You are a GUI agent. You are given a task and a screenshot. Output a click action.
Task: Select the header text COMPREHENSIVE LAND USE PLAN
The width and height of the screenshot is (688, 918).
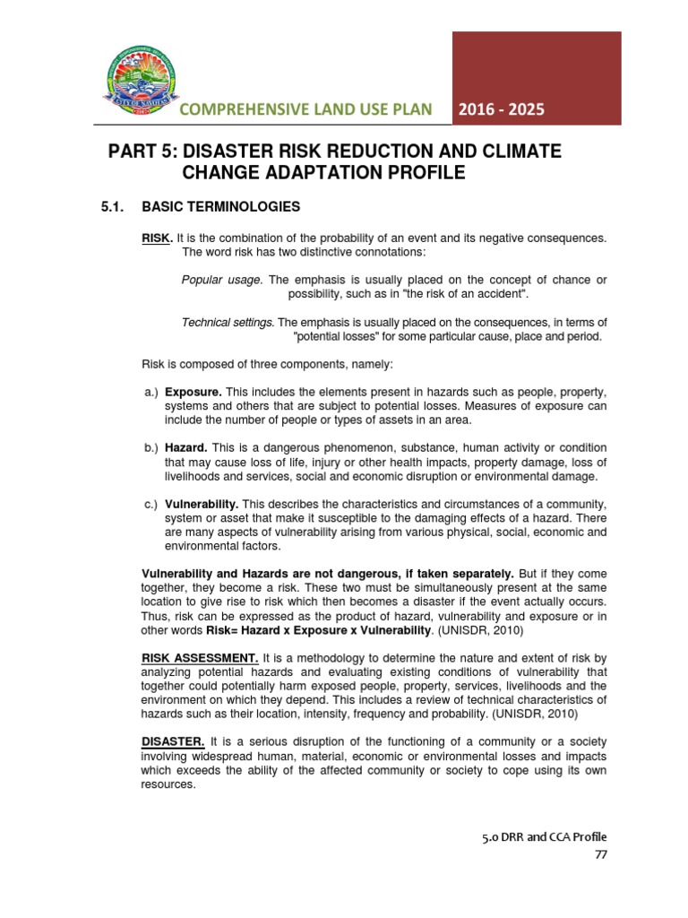[x=305, y=109]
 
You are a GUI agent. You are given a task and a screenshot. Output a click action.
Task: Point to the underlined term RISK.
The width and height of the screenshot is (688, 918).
[x=157, y=238]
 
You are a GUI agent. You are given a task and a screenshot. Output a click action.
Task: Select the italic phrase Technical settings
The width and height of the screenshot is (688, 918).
[x=228, y=322]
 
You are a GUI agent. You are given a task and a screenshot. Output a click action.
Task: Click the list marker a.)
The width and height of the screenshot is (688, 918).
[x=150, y=393]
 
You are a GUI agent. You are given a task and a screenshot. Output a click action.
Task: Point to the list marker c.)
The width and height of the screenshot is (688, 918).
[x=150, y=503]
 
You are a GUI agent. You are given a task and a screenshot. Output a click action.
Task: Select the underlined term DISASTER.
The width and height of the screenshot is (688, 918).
[x=174, y=741]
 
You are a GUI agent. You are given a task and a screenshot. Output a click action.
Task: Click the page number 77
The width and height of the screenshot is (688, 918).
[x=600, y=853]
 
